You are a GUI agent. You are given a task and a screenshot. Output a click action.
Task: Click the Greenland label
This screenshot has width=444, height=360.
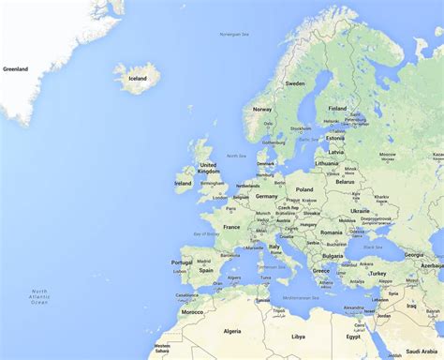coord(16,68)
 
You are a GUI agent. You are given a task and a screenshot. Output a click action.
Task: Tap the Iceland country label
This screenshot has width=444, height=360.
coord(137,79)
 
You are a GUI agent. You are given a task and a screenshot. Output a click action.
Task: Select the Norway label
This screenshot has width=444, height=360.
coord(262,108)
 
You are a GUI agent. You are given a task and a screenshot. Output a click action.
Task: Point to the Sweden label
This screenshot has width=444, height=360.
coord(295,83)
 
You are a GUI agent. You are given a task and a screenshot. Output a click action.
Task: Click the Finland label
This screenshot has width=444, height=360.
coord(337,108)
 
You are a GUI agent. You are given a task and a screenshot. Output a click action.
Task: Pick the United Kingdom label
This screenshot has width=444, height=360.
coord(208,168)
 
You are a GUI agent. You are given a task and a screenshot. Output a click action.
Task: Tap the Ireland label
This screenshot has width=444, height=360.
coord(183,183)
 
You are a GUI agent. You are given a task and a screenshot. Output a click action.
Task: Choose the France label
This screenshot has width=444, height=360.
coord(231,227)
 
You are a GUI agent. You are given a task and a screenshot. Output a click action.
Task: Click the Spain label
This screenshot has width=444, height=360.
coord(205,269)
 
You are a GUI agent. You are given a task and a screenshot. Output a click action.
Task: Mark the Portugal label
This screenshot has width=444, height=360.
coord(182,262)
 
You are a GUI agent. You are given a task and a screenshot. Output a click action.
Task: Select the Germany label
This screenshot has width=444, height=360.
coord(267,196)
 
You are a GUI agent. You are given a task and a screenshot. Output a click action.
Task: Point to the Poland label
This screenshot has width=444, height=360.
coord(304,189)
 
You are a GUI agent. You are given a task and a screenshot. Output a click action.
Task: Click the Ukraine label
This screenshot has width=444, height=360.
coord(360,211)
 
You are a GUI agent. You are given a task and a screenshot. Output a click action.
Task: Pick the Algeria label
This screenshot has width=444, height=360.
coord(231,331)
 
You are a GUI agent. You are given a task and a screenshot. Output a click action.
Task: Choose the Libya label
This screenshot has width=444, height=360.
coord(298,336)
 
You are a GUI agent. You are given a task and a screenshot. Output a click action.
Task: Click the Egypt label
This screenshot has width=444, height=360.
coord(353,336)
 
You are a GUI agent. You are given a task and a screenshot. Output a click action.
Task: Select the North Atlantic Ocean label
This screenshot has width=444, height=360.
coord(38,297)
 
